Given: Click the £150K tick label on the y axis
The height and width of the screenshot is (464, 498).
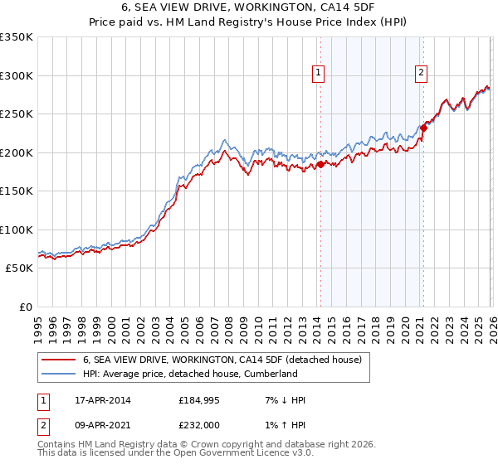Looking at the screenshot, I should pyautogui.click(x=17, y=191).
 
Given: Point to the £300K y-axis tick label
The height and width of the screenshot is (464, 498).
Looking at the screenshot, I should pyautogui.click(x=17, y=75).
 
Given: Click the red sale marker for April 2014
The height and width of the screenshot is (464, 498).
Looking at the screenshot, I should pyautogui.click(x=320, y=164).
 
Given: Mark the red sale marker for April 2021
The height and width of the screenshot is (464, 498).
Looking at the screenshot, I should pyautogui.click(x=422, y=128).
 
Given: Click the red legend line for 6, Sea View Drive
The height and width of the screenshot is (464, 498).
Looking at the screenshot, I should pyautogui.click(x=58, y=360).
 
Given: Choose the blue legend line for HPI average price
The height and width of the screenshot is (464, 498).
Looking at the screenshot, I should pyautogui.click(x=58, y=375).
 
